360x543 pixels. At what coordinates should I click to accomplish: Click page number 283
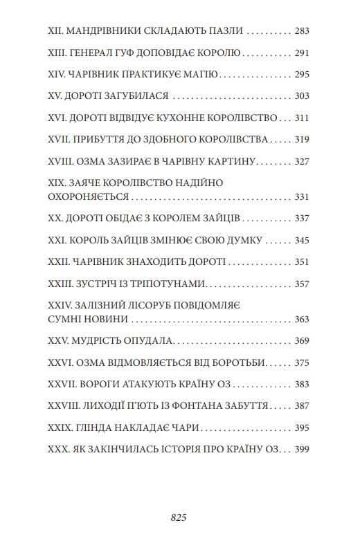pos(301,31)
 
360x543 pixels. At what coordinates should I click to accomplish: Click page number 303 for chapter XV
pos(301,96)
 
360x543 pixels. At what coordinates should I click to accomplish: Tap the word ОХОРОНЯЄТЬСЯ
pos(89,196)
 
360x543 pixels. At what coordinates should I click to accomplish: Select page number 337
pos(301,219)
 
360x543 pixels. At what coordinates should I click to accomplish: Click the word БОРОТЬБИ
pos(240,362)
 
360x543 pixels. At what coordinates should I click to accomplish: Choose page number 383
pos(301,385)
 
